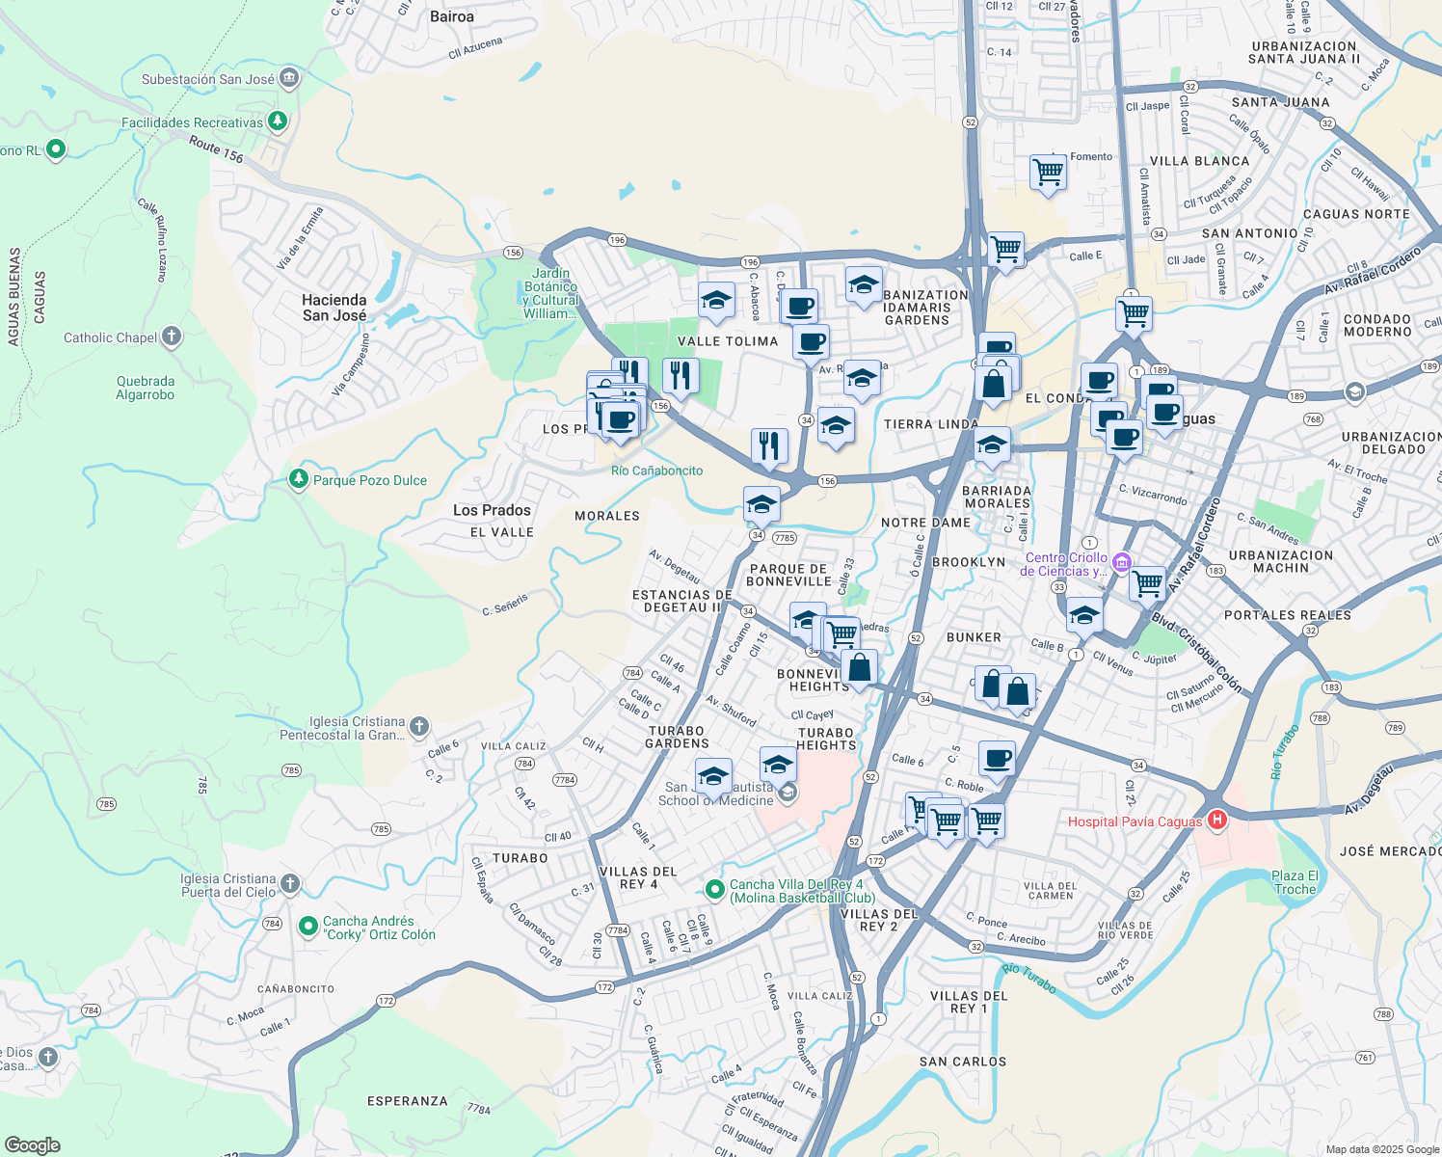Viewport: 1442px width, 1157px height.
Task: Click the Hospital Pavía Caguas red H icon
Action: (1217, 821)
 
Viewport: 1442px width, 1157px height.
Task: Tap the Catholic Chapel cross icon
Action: (172, 336)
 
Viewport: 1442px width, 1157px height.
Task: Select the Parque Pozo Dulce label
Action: (369, 480)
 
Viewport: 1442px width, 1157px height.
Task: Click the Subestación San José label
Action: (207, 79)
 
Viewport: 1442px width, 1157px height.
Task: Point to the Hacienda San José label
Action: (334, 308)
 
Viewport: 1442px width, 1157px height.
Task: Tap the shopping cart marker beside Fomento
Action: (1047, 173)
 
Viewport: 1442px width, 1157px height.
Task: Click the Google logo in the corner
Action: (32, 1144)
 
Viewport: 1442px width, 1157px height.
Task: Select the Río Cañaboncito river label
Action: (656, 471)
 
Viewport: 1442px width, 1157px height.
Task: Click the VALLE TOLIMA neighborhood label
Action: (727, 341)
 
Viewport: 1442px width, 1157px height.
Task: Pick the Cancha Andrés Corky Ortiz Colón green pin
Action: (308, 927)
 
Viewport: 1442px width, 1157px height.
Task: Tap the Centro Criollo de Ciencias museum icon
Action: (1121, 562)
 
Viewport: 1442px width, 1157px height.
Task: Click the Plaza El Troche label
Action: (1295, 882)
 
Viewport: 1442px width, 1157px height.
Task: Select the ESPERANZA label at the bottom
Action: (407, 1100)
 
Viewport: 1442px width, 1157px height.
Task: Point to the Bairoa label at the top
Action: (452, 16)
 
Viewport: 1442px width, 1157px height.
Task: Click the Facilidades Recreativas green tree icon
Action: (278, 121)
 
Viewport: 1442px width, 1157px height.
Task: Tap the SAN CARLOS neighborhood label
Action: (962, 1062)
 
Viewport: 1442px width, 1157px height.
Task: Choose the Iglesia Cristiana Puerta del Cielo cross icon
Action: (290, 883)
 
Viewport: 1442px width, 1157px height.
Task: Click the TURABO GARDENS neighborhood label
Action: (678, 737)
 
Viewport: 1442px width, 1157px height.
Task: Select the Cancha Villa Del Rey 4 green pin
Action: (714, 888)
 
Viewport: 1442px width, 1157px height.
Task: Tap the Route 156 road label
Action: (216, 149)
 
